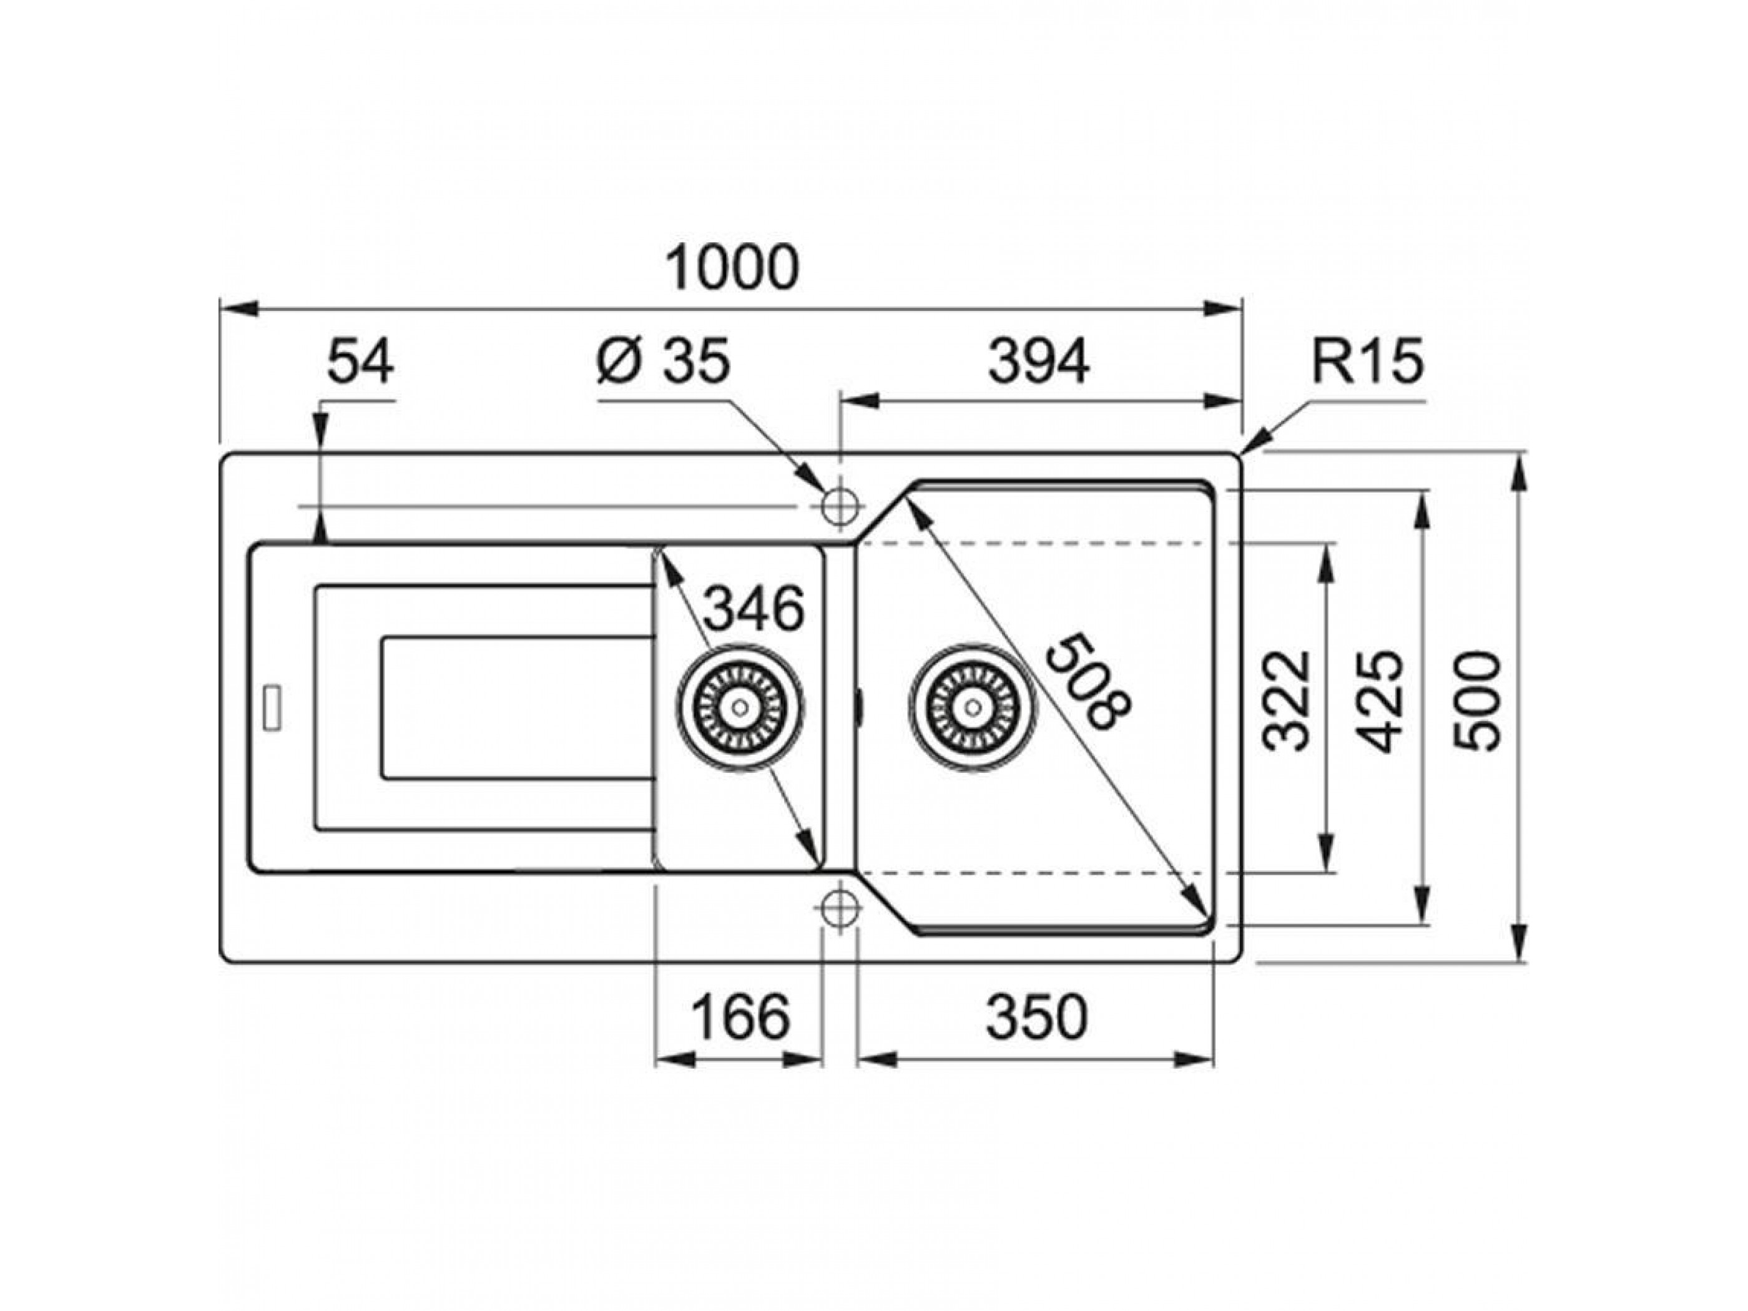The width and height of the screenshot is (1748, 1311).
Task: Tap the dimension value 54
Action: pyautogui.click(x=360, y=362)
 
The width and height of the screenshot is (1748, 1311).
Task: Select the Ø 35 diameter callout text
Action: pyautogui.click(x=664, y=362)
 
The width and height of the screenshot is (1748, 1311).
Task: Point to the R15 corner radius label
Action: pyautogui.click(x=1368, y=362)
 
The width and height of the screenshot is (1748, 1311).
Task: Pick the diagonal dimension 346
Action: pyautogui.click(x=752, y=609)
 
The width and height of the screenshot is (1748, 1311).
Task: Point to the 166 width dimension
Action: pyautogui.click(x=740, y=1017)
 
